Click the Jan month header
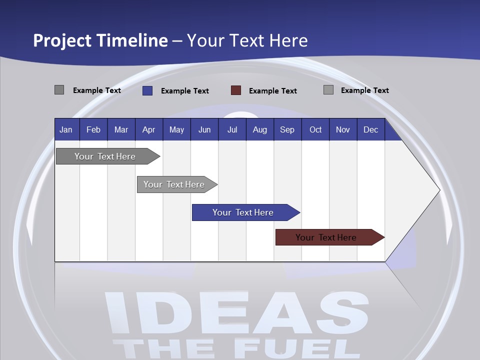coord(66,130)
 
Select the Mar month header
coord(121,130)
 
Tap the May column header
coord(176,130)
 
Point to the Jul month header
coord(232,130)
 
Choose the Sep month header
coord(287,130)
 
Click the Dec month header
coord(370,130)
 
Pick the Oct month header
coord(315,130)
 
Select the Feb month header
coord(93,130)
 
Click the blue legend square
coord(147,90)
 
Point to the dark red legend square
coord(236,90)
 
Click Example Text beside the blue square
coord(185,91)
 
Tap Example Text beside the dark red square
coord(273,91)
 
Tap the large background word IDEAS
coord(235,312)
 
